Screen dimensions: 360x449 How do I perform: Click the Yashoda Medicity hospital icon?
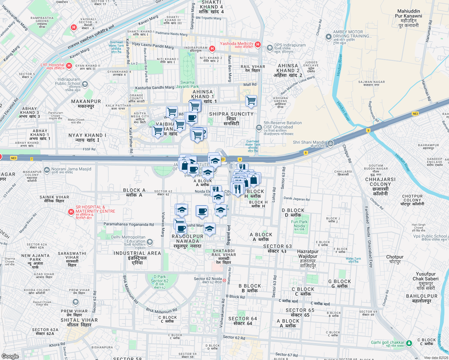[258, 44]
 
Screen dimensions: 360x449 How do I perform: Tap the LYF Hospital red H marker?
[69, 66]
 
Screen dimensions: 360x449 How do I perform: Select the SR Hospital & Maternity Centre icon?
[71, 212]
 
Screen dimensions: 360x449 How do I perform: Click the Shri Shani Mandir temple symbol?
[330, 143]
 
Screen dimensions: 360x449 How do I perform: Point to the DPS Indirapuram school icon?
[270, 48]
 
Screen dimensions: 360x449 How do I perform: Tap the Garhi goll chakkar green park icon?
[409, 343]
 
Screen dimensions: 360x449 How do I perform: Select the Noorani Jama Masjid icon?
[47, 170]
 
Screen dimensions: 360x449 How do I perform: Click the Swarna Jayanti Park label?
[187, 84]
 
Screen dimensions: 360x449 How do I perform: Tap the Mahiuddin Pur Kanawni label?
[408, 18]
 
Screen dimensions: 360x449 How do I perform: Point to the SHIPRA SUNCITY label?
[231, 114]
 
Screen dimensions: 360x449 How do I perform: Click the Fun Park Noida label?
[299, 224]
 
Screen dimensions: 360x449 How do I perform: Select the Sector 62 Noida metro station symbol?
[224, 280]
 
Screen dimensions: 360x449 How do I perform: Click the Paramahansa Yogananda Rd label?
[128, 224]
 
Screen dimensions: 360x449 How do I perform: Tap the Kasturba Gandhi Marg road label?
[155, 88]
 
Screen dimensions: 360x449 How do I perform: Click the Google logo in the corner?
[10, 356]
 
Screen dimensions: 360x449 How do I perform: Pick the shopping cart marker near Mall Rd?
[251, 100]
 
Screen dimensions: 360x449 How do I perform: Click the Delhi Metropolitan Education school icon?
[150, 242]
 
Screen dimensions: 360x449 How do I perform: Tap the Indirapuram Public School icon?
[85, 84]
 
